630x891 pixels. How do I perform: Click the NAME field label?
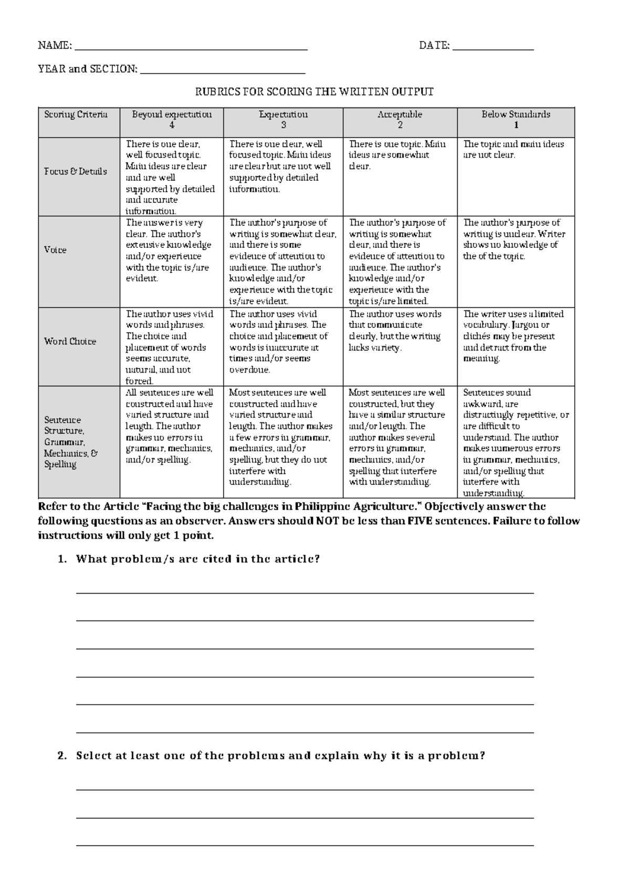[x=55, y=46]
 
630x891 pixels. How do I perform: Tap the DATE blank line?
[x=492, y=48]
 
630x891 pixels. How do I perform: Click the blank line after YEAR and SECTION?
[x=223, y=72]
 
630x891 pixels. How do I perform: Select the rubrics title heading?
[x=314, y=92]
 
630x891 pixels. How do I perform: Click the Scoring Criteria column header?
[x=76, y=115]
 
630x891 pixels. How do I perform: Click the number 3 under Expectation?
[x=283, y=125]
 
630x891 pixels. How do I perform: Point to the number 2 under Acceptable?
[x=400, y=125]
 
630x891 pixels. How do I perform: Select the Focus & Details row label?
[x=76, y=171]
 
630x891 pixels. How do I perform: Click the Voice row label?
[x=55, y=250]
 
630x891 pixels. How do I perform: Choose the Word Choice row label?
[x=70, y=341]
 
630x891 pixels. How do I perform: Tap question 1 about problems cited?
[x=197, y=559]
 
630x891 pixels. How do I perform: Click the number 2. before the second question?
[x=62, y=756]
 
